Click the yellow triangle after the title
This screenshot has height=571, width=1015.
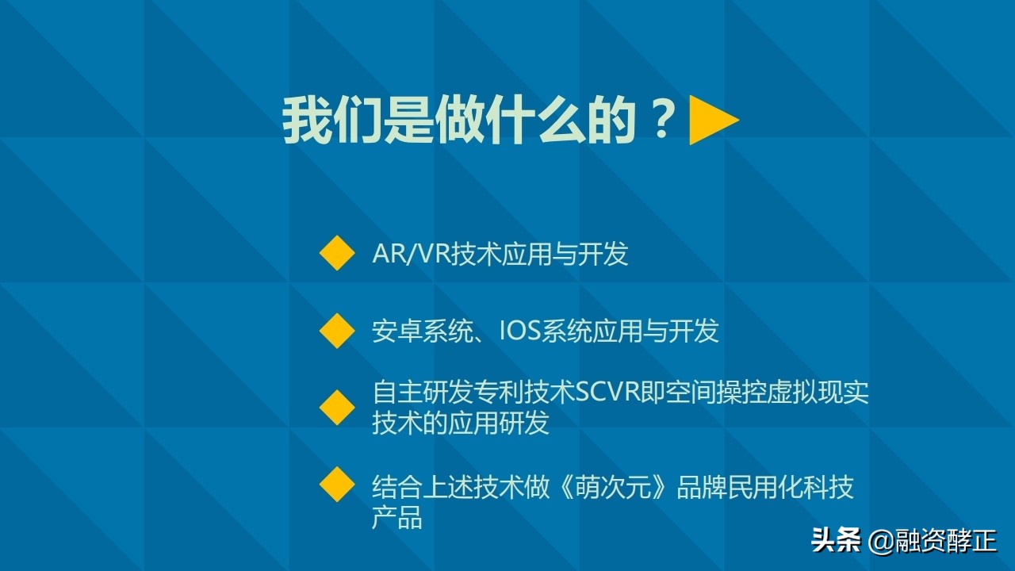(711, 121)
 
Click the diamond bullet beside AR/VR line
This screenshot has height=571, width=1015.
(337, 254)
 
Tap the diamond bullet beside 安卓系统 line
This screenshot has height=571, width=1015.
(337, 330)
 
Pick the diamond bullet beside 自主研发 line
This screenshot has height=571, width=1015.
(337, 407)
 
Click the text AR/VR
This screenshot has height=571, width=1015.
(412, 254)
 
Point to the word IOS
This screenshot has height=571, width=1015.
(519, 330)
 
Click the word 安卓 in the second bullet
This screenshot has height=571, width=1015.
(397, 330)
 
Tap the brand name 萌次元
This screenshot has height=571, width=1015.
(626, 486)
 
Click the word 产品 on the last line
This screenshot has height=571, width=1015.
(397, 517)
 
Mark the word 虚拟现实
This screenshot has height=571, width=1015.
(818, 393)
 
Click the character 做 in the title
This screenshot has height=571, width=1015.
(460, 121)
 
